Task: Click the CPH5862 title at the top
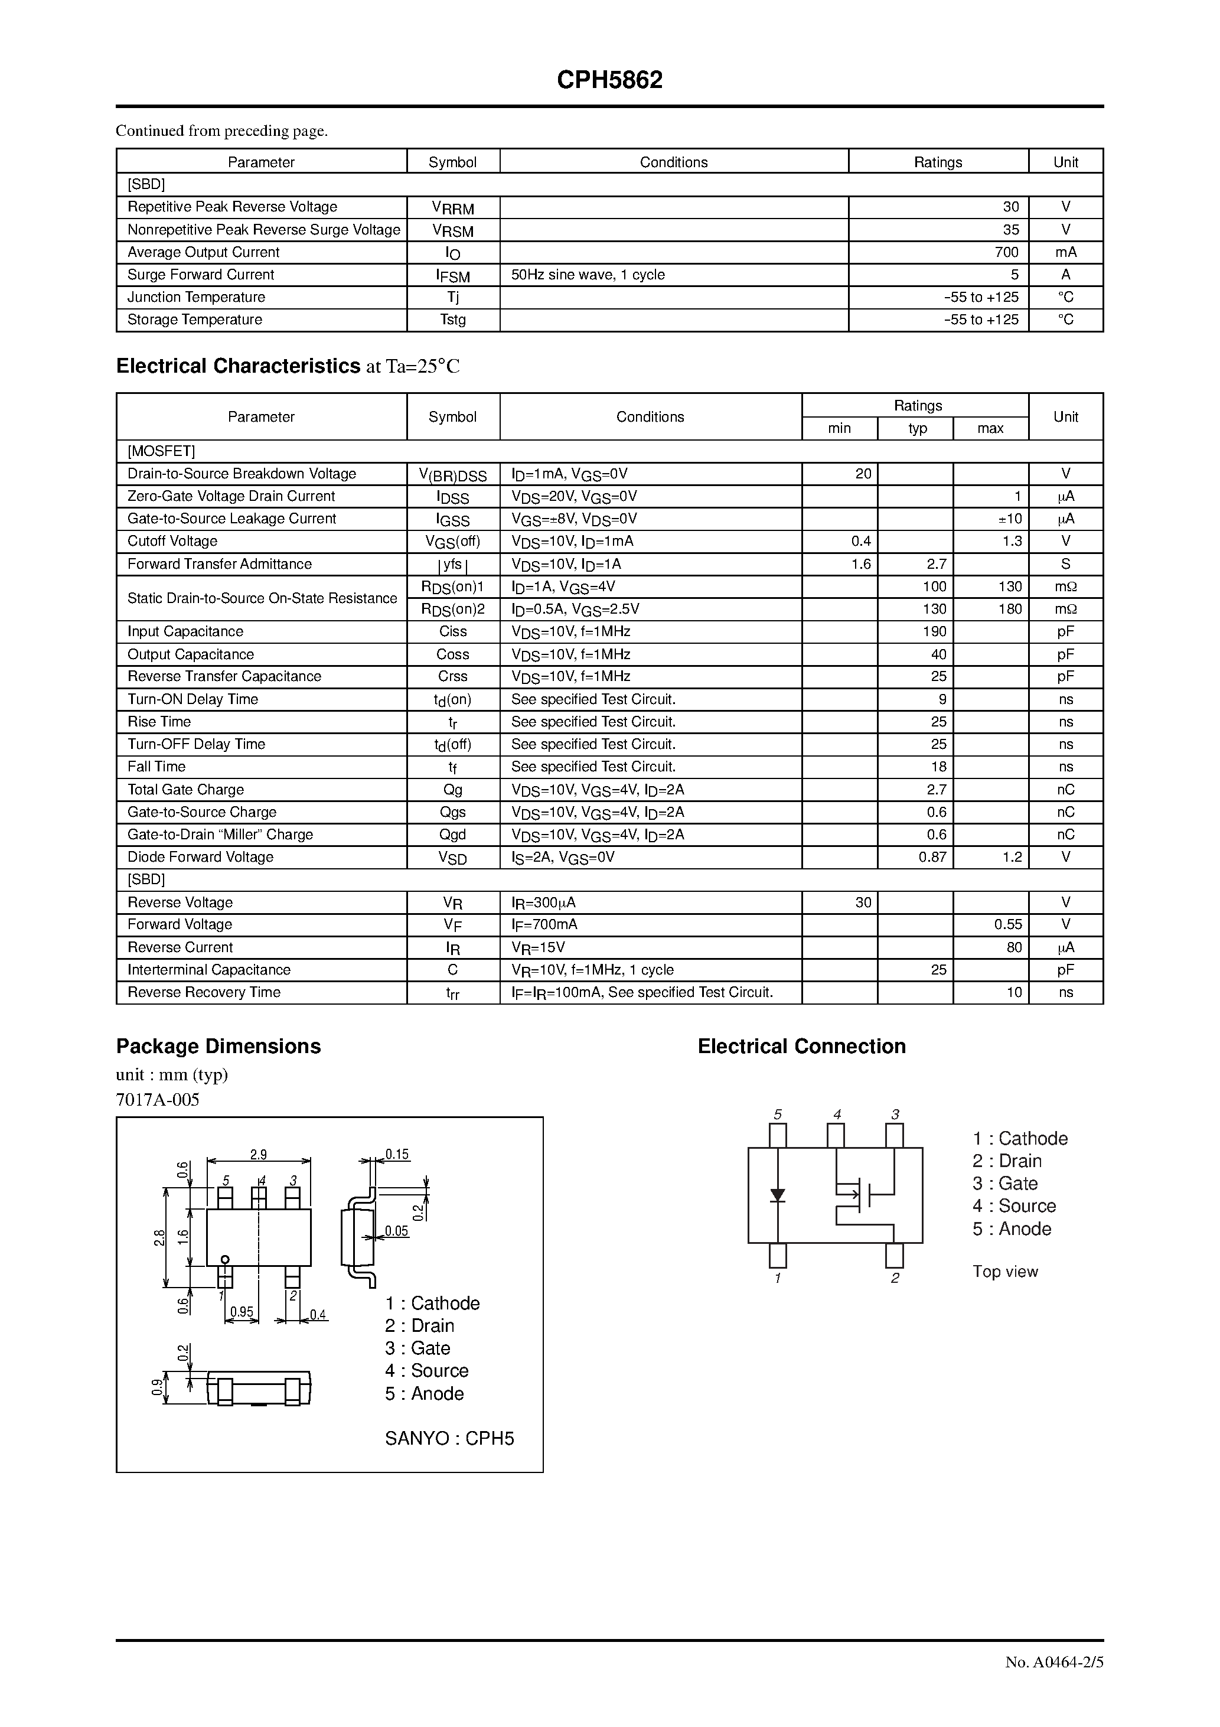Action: coord(609,80)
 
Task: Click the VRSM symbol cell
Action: coord(453,230)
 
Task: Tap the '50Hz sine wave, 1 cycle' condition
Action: coord(588,275)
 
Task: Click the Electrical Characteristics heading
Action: coord(238,366)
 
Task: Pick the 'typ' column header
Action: coord(917,428)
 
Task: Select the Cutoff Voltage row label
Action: coord(172,541)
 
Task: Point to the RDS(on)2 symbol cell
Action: coord(453,610)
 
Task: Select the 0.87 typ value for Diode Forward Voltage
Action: coord(932,857)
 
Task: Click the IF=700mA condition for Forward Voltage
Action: coord(544,924)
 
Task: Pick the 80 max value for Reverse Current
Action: coord(1014,947)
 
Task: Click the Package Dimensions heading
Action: coord(218,1046)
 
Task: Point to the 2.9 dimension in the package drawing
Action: coord(258,1155)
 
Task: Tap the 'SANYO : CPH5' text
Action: coord(449,1439)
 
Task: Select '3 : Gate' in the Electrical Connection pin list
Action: coord(1004,1183)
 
